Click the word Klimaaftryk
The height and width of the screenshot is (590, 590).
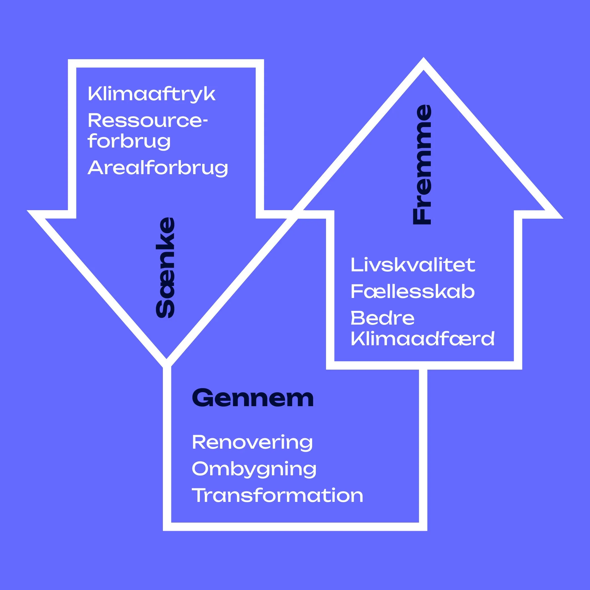point(152,94)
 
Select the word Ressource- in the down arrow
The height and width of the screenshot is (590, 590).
point(148,120)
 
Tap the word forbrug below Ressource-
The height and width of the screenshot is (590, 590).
point(129,141)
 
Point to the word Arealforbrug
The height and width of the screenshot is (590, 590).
point(157,168)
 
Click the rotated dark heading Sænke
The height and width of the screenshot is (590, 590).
point(165,267)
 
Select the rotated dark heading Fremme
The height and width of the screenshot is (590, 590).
point(422,165)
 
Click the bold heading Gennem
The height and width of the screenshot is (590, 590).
point(253,398)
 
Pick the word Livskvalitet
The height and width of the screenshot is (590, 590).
point(413,265)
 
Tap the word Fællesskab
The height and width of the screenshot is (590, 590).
point(413,292)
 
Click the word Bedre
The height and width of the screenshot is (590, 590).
point(382,318)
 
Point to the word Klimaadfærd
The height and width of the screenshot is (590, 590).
point(422,339)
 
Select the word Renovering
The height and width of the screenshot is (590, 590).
point(252,442)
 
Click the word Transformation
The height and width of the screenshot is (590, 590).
point(277,495)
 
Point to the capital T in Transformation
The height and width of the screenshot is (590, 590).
point(198,495)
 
